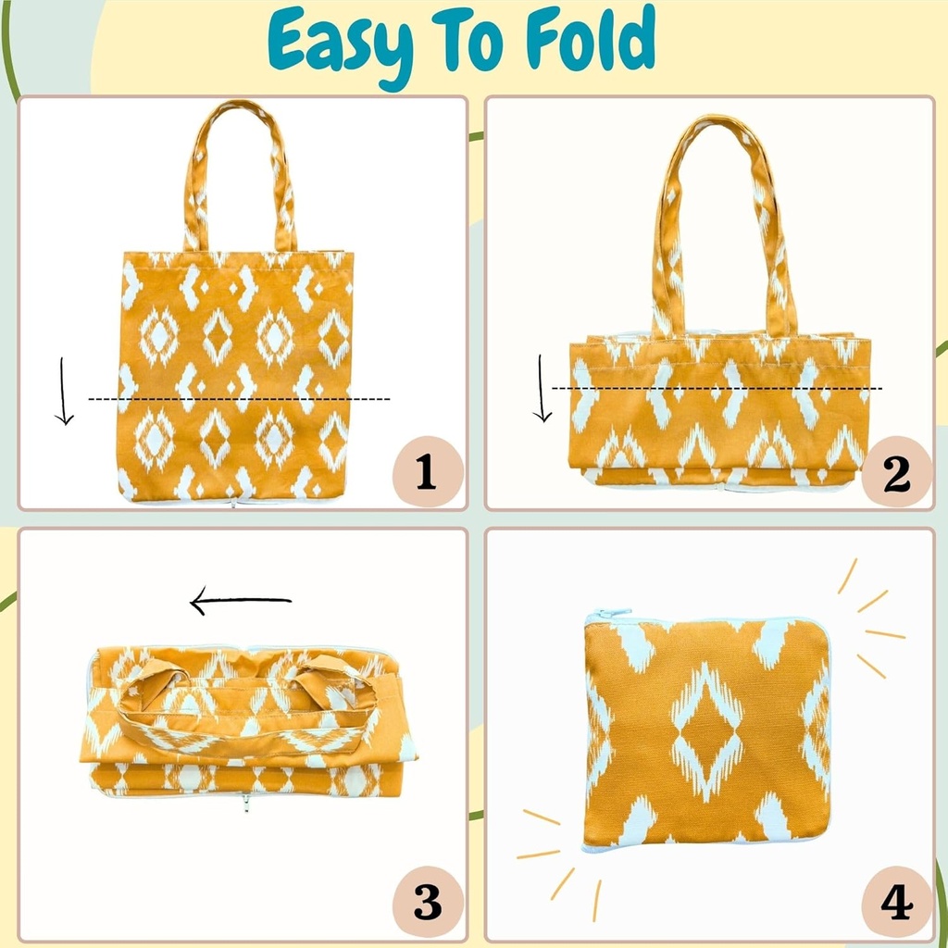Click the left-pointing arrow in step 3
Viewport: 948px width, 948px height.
pyautogui.click(x=241, y=603)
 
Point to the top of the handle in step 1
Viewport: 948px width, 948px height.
pyautogui.click(x=239, y=107)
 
